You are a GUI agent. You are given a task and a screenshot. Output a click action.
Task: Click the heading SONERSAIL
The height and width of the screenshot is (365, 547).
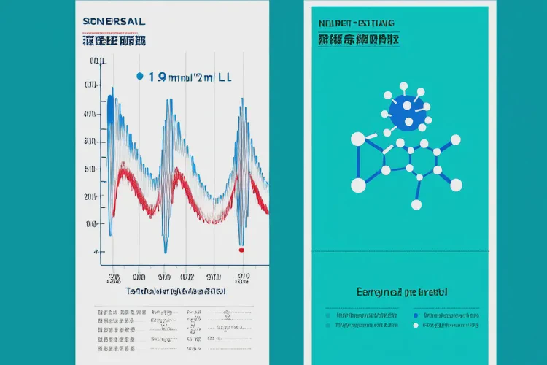[115, 23]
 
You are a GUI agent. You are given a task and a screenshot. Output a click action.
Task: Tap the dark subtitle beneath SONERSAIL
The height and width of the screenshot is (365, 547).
[115, 41]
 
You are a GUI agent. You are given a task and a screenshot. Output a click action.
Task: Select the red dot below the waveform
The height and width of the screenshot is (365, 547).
[241, 250]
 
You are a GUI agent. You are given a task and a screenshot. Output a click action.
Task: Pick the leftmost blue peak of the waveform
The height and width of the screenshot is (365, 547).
[110, 99]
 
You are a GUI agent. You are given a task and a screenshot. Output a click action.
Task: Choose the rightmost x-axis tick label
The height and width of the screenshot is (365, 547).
[243, 277]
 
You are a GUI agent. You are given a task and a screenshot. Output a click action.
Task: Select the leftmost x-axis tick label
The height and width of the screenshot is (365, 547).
[114, 277]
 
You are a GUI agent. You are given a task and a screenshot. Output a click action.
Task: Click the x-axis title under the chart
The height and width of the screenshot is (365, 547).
[176, 291]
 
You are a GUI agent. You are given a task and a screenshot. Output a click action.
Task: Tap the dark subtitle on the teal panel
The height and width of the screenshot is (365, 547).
[357, 40]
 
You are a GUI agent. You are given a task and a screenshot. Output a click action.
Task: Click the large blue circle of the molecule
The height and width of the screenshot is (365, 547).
[406, 115]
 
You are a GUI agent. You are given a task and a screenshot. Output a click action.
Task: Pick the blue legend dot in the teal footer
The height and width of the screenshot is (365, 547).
[416, 315]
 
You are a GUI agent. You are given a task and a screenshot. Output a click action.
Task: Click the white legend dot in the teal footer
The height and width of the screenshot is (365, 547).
[416, 326]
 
